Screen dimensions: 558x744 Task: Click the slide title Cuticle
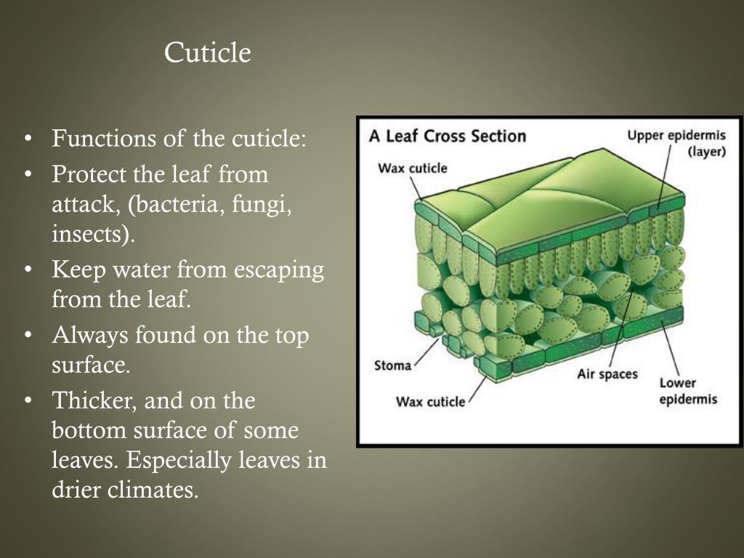(207, 53)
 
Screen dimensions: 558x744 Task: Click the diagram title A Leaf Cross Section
(448, 136)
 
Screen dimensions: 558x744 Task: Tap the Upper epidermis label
(676, 136)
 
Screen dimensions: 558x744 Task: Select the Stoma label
(392, 365)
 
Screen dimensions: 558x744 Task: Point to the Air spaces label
(607, 374)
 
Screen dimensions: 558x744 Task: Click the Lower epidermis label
(687, 391)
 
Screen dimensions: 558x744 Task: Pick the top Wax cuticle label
(413, 169)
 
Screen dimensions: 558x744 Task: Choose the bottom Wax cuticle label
(430, 402)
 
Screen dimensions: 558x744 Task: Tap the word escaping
(278, 270)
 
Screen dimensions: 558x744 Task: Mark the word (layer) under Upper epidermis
(706, 152)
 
